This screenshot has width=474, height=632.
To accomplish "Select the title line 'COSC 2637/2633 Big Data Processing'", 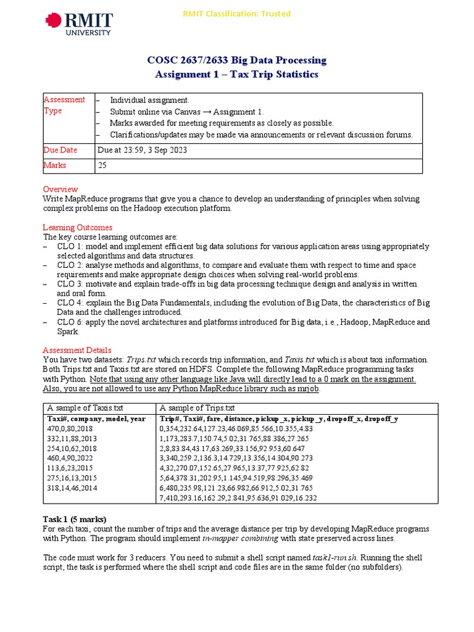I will coord(236,60).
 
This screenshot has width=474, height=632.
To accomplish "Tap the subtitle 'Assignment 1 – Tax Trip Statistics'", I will coord(236,74).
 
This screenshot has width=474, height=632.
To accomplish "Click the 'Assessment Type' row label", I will coord(64,105).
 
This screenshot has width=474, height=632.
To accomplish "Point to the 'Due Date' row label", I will coord(60,150).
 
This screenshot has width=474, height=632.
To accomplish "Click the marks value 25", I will coord(102,165).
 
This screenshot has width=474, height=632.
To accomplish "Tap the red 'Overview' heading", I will coord(60,189).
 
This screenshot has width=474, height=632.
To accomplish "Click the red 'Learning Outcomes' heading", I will coord(77,227).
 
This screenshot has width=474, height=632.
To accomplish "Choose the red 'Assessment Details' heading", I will coord(77,350).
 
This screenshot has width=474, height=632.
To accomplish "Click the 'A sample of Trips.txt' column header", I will coord(197,408).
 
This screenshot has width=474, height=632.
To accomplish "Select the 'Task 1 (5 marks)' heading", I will coord(78,519).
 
